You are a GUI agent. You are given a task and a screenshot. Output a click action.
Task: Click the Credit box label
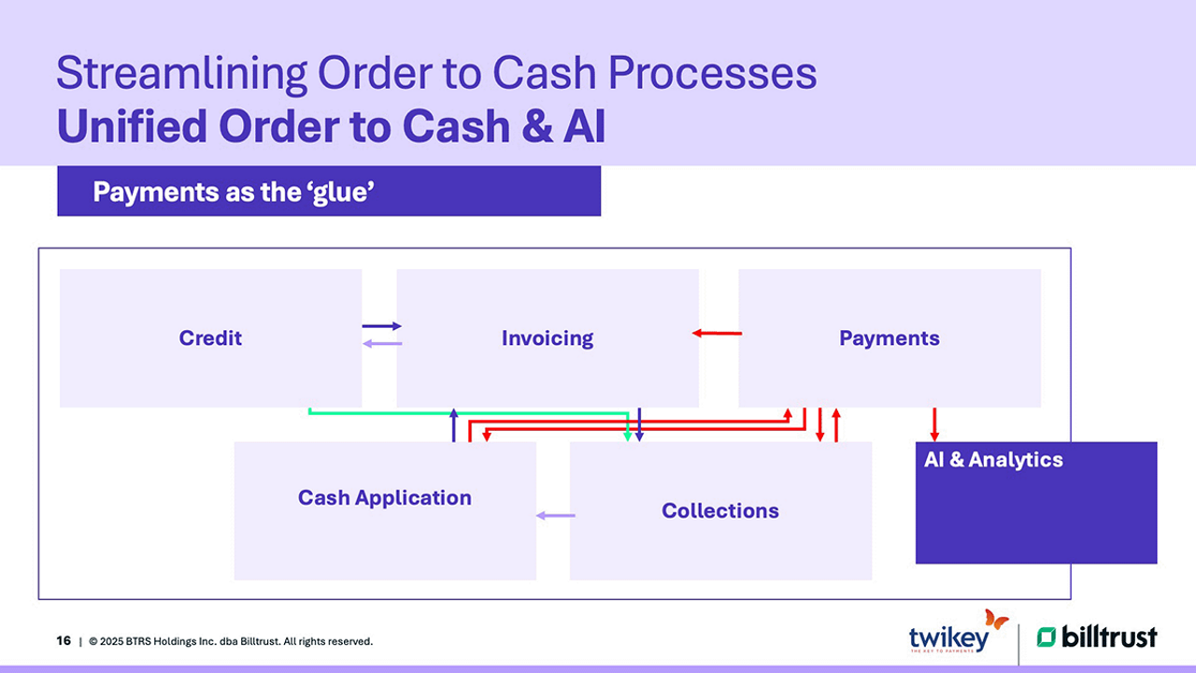[x=210, y=338]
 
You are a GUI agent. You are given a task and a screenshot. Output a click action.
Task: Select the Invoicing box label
[x=548, y=338]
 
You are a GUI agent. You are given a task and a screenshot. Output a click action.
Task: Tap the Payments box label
[x=890, y=338]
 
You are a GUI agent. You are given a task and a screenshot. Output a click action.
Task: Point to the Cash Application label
[x=385, y=497]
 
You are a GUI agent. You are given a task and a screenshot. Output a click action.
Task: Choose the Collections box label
[x=720, y=510]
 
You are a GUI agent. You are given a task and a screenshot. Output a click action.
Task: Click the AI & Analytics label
[x=993, y=460]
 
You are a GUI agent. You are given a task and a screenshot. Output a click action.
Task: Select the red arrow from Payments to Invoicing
[x=718, y=333]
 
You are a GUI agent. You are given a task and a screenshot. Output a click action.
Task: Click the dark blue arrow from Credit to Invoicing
[x=381, y=326]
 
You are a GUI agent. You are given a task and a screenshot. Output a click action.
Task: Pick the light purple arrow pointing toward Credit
[x=381, y=344]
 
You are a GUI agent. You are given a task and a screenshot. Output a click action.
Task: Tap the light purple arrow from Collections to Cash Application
[x=556, y=515]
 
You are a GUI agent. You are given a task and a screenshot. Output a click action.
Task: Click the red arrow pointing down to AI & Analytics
[x=934, y=424]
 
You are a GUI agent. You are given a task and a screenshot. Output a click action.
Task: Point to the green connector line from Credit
[x=467, y=412]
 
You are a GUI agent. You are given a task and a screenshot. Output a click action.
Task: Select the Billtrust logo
[x=1097, y=637]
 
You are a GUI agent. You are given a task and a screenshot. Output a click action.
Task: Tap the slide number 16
[x=64, y=641]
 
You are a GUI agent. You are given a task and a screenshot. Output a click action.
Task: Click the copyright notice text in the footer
[x=231, y=641]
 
